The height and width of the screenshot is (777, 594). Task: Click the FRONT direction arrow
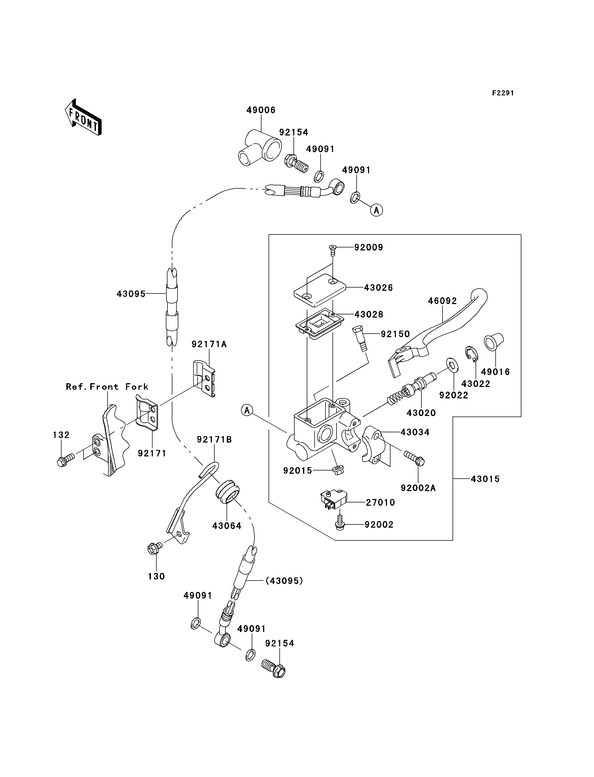coord(83,118)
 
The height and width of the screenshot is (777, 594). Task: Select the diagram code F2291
coord(503,93)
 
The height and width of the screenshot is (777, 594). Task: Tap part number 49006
coord(261,110)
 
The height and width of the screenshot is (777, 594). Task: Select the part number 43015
coord(485,479)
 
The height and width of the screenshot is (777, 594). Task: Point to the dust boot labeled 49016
coord(493,341)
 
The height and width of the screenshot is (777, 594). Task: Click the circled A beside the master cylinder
coord(247,410)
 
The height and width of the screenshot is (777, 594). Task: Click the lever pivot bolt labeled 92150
coord(360,338)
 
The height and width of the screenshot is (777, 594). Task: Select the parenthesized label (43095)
coord(284,581)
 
